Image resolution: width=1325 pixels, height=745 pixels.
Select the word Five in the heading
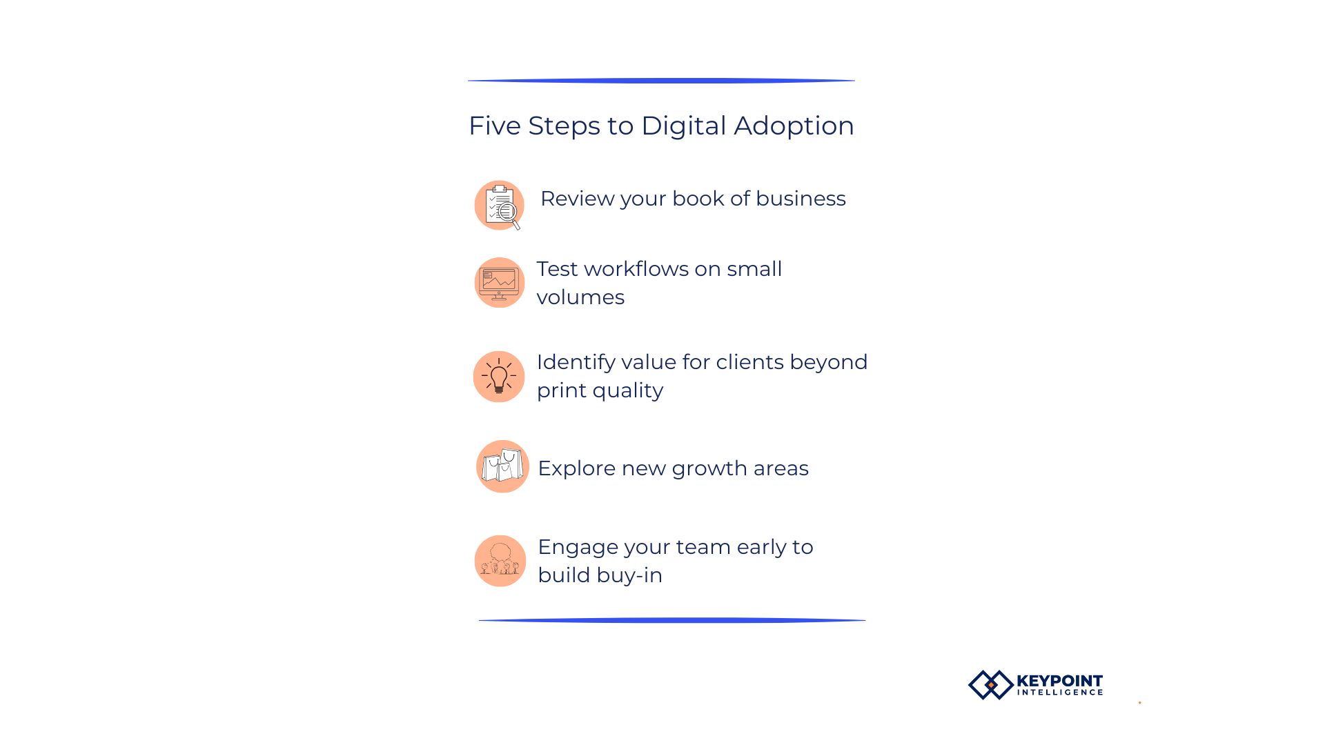click(x=495, y=126)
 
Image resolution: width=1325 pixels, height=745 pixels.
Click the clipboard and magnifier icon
click(x=500, y=206)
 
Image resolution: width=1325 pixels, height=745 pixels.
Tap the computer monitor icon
click(x=500, y=283)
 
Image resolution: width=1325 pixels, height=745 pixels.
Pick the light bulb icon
click(x=499, y=377)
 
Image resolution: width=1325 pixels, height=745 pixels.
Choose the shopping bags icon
click(x=502, y=466)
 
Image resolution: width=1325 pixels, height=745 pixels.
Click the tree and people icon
click(x=500, y=561)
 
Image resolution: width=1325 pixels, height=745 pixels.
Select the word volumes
click(x=580, y=297)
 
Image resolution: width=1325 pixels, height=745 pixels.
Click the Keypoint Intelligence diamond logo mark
click(x=991, y=685)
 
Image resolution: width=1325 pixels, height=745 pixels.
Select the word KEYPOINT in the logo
click(x=1060, y=681)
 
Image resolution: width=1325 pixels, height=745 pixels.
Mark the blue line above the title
click(x=661, y=81)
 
